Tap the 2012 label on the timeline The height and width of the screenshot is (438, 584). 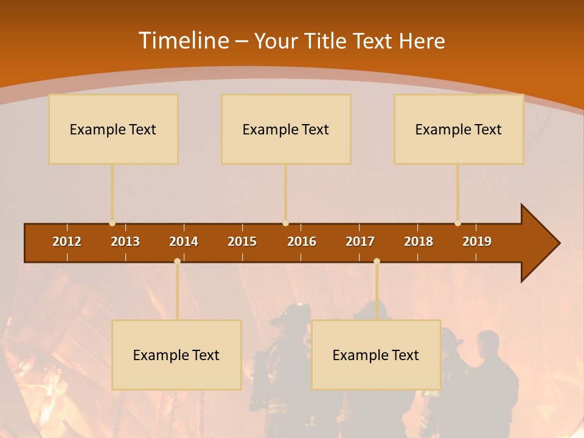(x=67, y=242)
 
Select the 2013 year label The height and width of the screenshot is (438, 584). (x=125, y=242)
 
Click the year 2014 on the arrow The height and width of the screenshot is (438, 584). (x=184, y=242)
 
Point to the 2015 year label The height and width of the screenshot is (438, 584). (x=242, y=242)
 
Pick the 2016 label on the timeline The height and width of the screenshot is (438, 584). (x=302, y=242)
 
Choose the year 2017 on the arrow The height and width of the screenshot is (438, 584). (x=360, y=242)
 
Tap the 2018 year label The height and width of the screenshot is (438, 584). (x=419, y=242)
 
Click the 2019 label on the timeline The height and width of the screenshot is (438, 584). (x=477, y=242)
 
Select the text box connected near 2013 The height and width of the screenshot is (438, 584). (x=113, y=129)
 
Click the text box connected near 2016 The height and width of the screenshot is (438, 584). (x=286, y=129)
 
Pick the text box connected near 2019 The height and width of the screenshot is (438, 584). (x=459, y=129)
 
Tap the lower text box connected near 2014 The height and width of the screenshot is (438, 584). (x=176, y=355)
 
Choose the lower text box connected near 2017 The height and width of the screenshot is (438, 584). (x=376, y=355)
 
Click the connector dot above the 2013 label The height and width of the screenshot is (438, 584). (x=112, y=223)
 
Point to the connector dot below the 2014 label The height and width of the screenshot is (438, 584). (x=177, y=261)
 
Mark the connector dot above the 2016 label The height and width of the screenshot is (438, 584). (x=285, y=223)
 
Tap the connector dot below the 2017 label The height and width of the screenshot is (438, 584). (x=377, y=261)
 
